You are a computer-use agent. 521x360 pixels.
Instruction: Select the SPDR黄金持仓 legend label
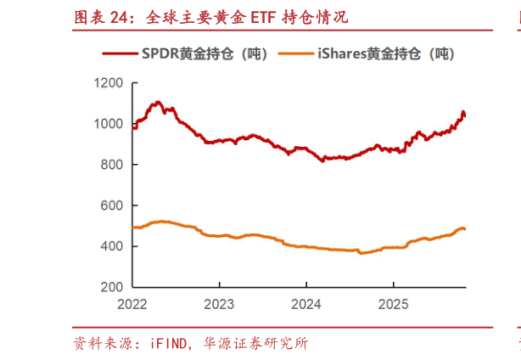(204, 53)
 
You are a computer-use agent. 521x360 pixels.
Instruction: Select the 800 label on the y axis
(113, 165)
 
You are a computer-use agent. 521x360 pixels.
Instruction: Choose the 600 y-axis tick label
(113, 205)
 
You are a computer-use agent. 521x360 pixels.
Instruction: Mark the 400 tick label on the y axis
(113, 246)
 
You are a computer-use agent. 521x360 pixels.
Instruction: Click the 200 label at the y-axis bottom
(113, 287)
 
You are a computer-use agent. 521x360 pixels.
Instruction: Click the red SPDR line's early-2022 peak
(157, 103)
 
